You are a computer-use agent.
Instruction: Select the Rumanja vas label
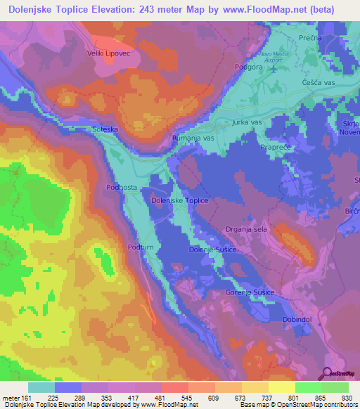tap(193, 138)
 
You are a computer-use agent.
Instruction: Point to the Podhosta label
tap(120, 187)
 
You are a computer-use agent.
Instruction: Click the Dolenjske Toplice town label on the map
tap(180, 200)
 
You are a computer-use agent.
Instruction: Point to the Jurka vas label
tap(247, 122)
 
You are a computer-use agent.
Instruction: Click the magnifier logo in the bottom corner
tap(328, 373)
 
